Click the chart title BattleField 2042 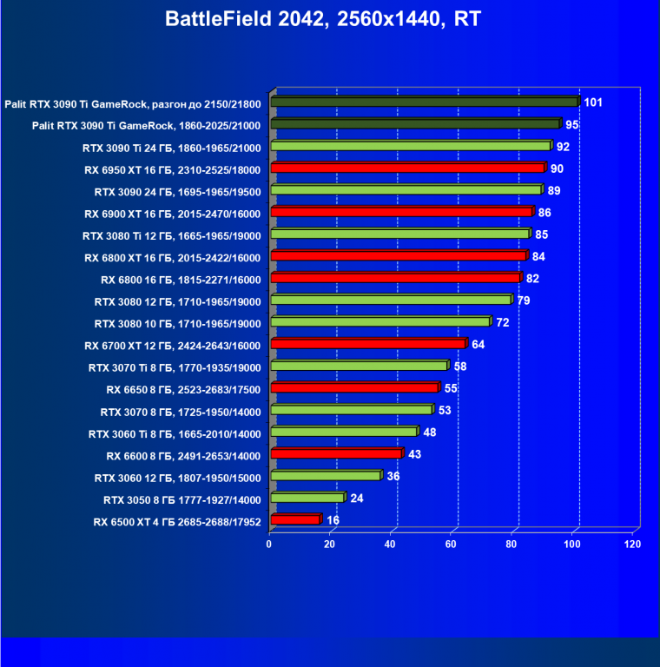[x=329, y=18]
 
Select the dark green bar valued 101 [x=424, y=102]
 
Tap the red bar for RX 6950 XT [x=407, y=168]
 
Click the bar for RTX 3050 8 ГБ [x=307, y=499]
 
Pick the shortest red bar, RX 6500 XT [x=295, y=520]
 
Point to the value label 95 [x=571, y=125]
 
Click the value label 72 [x=502, y=323]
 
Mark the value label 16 [x=333, y=520]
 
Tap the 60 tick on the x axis [x=451, y=545]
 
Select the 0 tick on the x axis [x=269, y=545]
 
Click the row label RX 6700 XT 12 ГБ [x=172, y=345]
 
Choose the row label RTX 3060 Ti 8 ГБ [x=175, y=433]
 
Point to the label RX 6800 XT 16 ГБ [x=172, y=257]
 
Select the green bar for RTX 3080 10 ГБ [x=379, y=322]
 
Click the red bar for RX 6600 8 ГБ [x=336, y=454]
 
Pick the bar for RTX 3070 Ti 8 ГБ [x=359, y=367]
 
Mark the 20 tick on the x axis [x=329, y=545]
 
